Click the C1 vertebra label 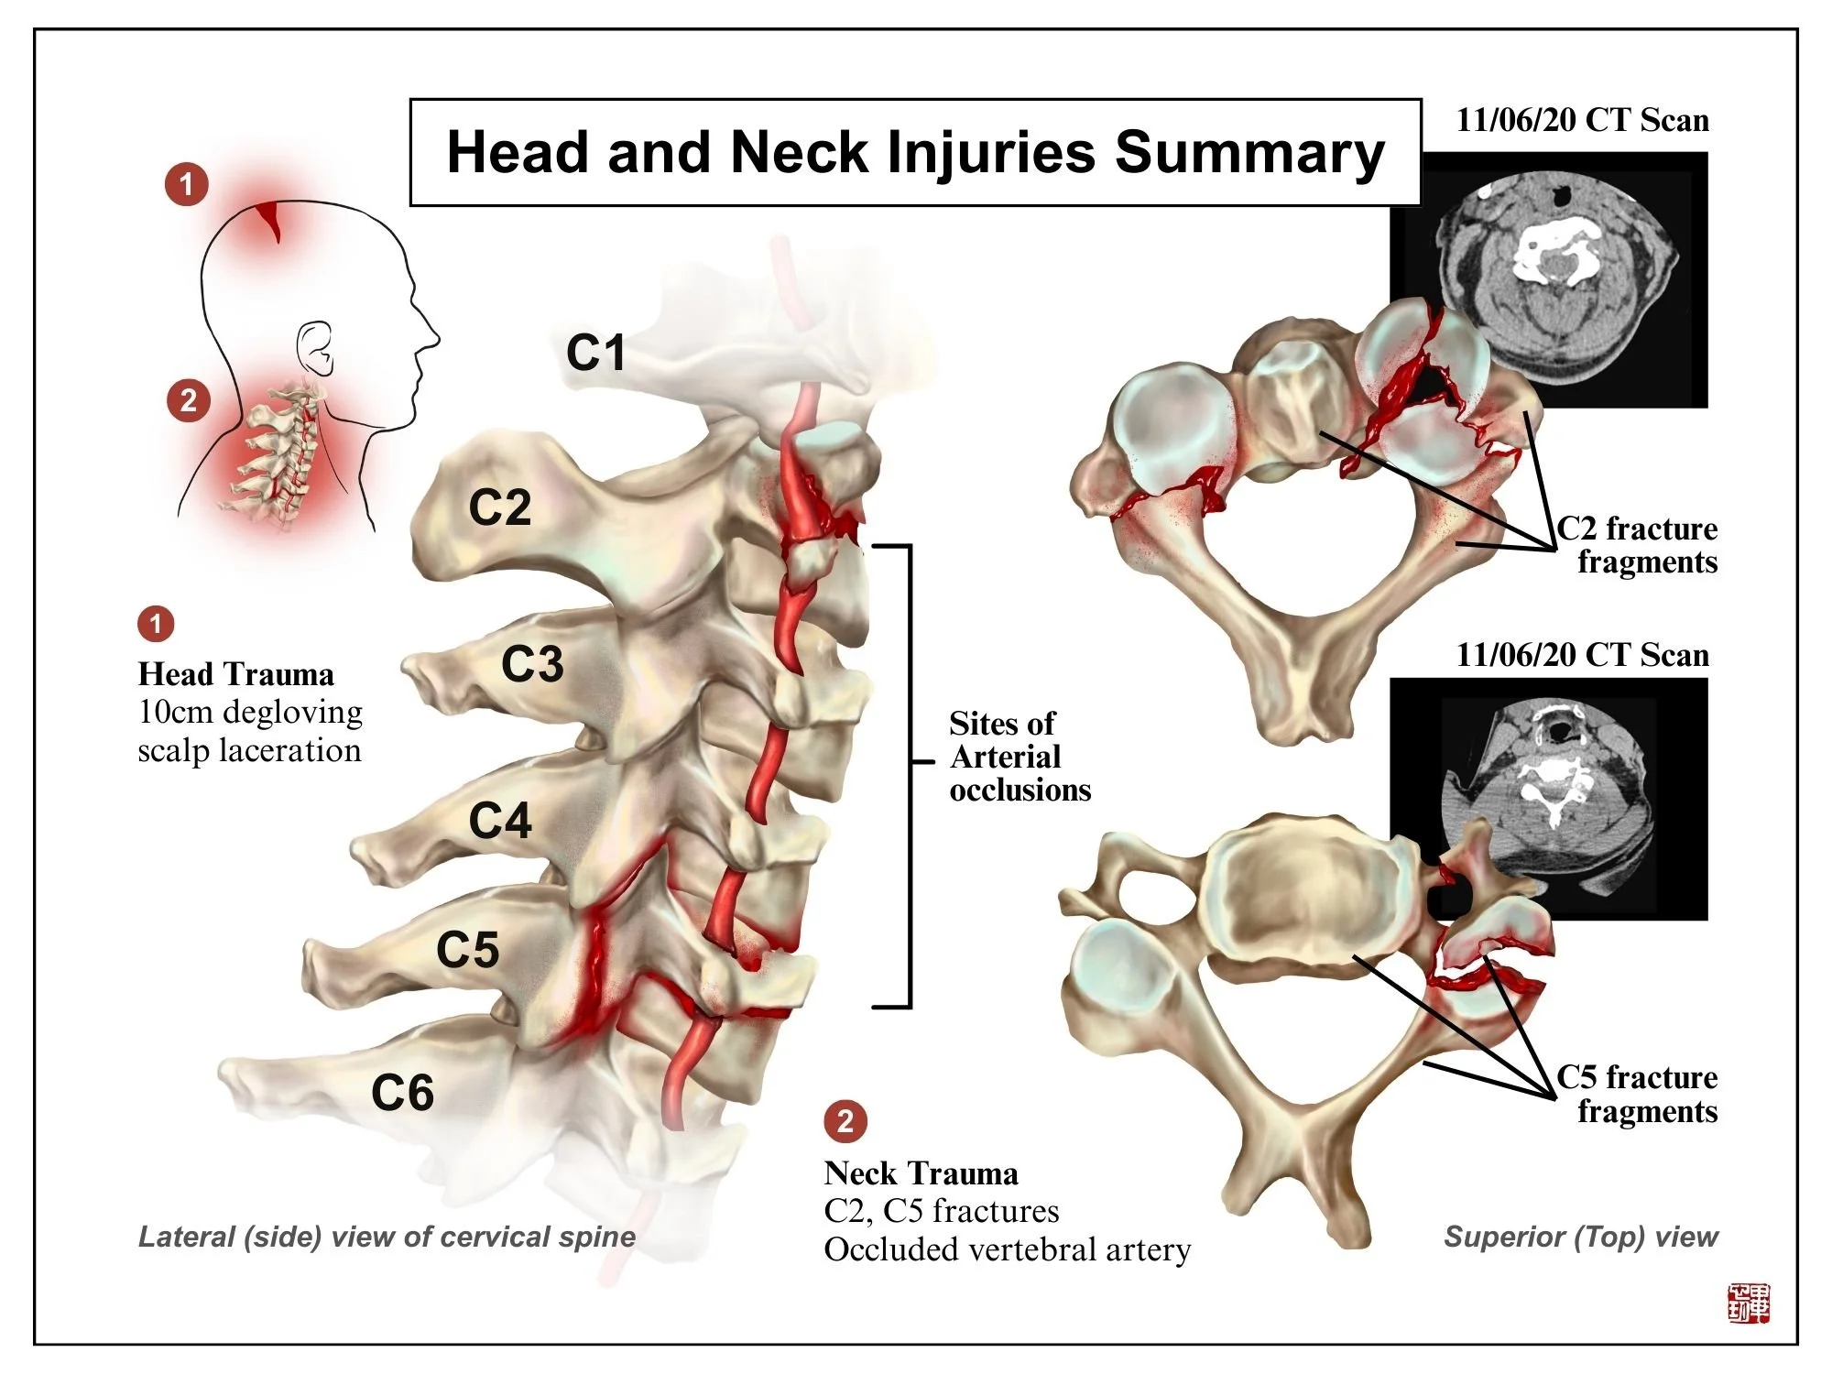(x=595, y=353)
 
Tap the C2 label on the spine (x=499, y=507)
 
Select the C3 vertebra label (x=531, y=664)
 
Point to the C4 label (x=499, y=820)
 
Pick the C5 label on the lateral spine (x=467, y=949)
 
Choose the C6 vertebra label (x=402, y=1092)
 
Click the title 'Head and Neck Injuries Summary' (x=915, y=152)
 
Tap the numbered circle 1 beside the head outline (x=187, y=184)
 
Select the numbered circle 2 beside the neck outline (x=189, y=400)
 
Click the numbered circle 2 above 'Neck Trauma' (x=845, y=1120)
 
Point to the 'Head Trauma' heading (x=235, y=674)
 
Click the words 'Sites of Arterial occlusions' (x=1019, y=757)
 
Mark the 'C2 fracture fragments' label (x=1637, y=545)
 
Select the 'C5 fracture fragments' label (x=1637, y=1094)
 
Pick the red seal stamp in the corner (x=1748, y=1303)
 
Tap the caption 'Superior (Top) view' (x=1580, y=1237)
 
